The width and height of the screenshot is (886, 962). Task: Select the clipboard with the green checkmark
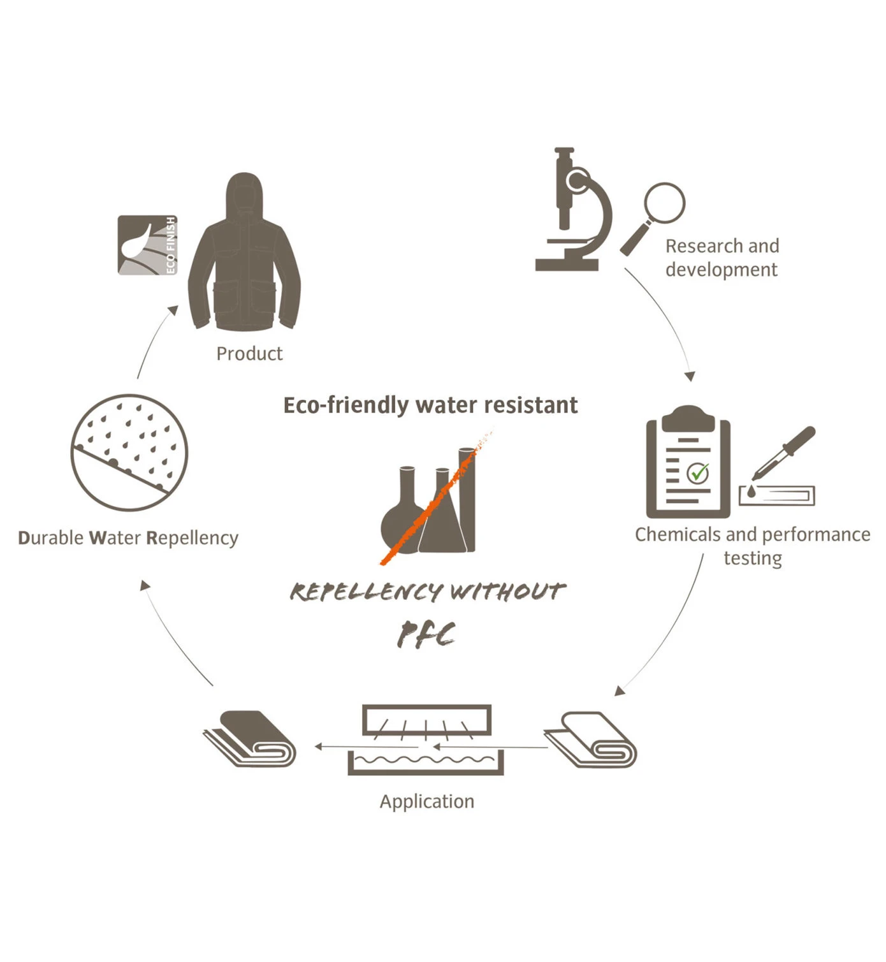(x=688, y=463)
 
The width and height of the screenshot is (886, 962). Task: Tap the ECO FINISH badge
(x=147, y=245)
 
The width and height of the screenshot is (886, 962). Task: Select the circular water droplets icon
(x=129, y=452)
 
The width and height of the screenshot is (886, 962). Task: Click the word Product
(x=249, y=354)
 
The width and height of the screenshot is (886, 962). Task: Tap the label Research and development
(x=722, y=258)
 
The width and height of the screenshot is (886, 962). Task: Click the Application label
(x=427, y=801)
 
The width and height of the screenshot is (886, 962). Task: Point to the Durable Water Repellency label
(x=128, y=538)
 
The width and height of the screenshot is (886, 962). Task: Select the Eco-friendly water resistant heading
(x=430, y=405)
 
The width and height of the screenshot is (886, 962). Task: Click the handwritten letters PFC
(x=426, y=635)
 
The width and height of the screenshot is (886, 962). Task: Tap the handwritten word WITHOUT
(x=507, y=592)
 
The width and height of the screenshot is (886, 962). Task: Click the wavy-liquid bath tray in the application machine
(x=425, y=762)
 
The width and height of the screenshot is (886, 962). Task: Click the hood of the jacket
(x=244, y=191)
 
